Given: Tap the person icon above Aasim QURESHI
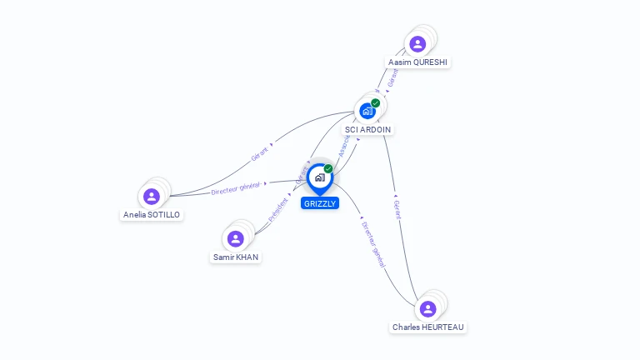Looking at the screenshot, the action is coord(418,44).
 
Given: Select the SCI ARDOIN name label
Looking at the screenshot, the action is coord(368,129).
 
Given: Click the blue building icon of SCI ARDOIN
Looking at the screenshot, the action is coord(367,111).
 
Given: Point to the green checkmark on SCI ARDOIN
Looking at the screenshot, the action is coord(376,102).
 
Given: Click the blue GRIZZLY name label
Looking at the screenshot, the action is coord(320,203).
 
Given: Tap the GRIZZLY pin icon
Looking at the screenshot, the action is coord(319,177).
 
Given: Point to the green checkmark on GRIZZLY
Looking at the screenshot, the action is coord(328,168).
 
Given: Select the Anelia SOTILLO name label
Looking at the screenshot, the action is coord(152,214).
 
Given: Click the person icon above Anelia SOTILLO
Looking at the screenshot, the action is coord(152,196).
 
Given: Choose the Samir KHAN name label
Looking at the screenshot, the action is coord(236,257).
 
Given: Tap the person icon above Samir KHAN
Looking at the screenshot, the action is coord(236,239).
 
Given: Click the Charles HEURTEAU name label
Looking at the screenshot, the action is coord(428,327).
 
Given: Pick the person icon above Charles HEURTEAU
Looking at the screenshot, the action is coord(428,309).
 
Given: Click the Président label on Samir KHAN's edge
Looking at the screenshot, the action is coord(278,209).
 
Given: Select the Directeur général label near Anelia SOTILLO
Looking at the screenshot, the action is coord(237,187).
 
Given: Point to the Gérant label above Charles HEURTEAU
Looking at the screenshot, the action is coord(397,209).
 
